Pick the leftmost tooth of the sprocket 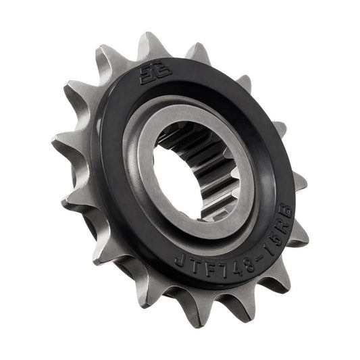point(59,143)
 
